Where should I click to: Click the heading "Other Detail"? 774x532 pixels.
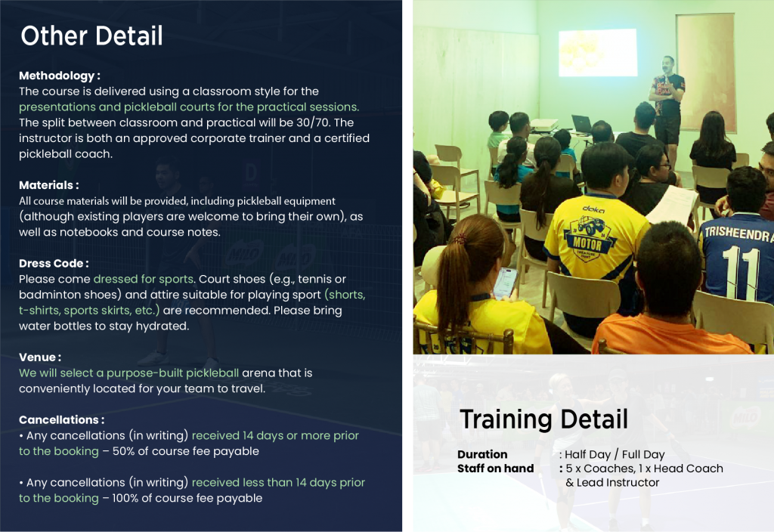tap(91, 36)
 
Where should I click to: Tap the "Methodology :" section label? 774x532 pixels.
tap(59, 76)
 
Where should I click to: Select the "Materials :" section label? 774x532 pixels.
tap(49, 185)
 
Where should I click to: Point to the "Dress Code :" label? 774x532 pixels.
tap(54, 263)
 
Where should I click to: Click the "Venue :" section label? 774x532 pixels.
tap(40, 357)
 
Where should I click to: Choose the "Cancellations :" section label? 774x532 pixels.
tap(62, 419)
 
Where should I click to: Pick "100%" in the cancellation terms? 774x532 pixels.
tap(125, 498)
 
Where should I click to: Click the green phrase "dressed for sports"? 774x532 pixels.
tap(143, 279)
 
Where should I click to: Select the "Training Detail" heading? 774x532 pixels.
tap(543, 419)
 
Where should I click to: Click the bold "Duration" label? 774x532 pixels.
tap(482, 454)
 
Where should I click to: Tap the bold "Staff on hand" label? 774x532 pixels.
tap(496, 469)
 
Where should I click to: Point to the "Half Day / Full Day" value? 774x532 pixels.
tap(615, 454)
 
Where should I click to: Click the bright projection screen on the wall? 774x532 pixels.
tap(597, 53)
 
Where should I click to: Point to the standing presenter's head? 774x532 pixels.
tap(668, 64)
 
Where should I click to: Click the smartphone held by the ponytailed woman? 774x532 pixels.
tap(506, 284)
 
